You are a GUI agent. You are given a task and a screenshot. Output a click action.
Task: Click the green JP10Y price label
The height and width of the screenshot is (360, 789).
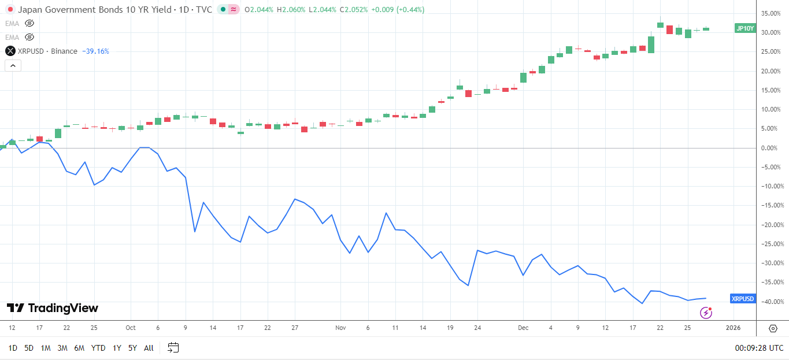pyautogui.click(x=744, y=28)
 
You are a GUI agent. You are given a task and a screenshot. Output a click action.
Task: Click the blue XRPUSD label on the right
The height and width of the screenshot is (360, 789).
pyautogui.click(x=743, y=299)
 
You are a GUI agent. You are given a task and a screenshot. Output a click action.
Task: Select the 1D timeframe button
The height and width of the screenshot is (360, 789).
pyautogui.click(x=13, y=348)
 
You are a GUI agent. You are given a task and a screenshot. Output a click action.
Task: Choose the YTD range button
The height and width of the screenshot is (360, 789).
pyautogui.click(x=98, y=348)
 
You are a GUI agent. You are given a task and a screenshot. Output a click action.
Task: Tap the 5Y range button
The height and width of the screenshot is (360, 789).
pyautogui.click(x=132, y=348)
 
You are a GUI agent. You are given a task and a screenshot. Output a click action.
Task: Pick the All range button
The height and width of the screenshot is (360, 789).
pyautogui.click(x=149, y=348)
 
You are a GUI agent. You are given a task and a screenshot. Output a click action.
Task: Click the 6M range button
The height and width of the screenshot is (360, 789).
pyautogui.click(x=79, y=348)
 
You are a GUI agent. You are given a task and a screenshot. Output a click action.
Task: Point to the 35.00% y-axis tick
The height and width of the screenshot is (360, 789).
pyautogui.click(x=772, y=13)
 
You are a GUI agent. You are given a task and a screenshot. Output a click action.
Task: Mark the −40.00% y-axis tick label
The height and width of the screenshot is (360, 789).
pyautogui.click(x=772, y=302)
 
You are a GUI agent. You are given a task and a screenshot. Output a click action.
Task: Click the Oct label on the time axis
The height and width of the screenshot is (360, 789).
pyautogui.click(x=130, y=328)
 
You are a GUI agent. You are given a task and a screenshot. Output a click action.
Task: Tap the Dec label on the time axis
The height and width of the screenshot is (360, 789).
pyautogui.click(x=523, y=328)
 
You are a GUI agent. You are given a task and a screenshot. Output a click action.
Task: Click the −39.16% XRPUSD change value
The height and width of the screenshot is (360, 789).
pyautogui.click(x=95, y=51)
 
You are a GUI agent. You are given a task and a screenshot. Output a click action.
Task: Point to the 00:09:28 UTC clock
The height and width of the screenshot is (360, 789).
pyautogui.click(x=759, y=348)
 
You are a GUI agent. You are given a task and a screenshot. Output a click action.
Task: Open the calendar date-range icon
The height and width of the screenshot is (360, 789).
pyautogui.click(x=173, y=347)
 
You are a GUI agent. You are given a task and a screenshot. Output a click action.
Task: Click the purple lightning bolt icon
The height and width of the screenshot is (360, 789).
pyautogui.click(x=706, y=313)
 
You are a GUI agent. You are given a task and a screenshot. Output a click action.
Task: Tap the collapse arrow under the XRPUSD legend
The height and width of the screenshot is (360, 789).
pyautogui.click(x=13, y=65)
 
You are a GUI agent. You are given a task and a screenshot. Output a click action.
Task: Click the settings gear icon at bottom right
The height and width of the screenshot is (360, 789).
pyautogui.click(x=773, y=328)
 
